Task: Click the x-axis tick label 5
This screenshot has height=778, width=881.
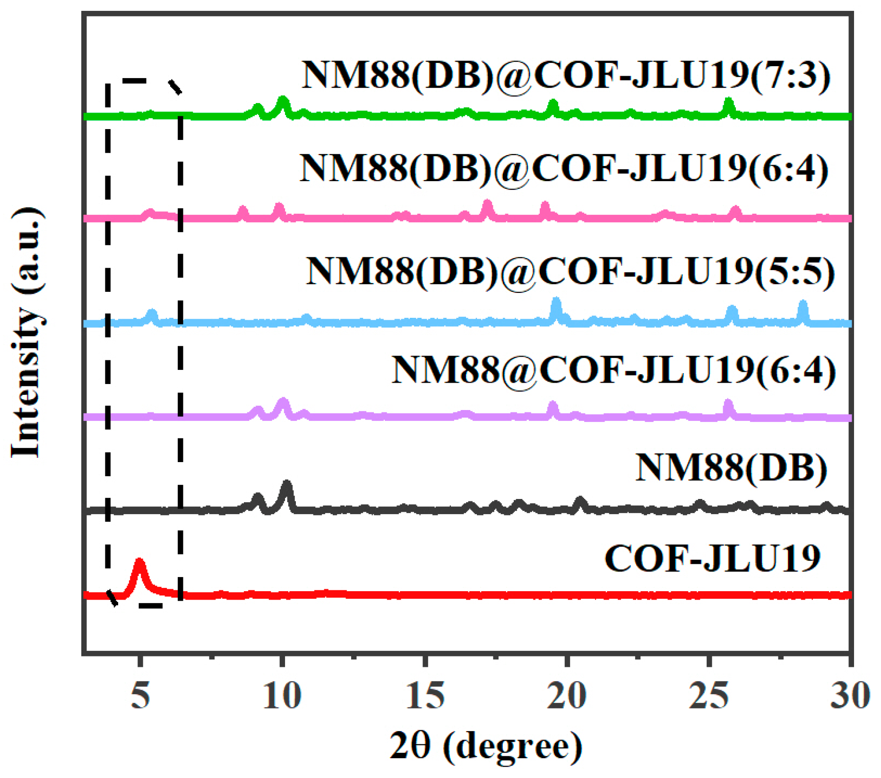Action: pos(140,695)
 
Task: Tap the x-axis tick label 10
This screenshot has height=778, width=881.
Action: pos(282,695)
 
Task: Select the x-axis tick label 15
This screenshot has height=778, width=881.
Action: pos(425,695)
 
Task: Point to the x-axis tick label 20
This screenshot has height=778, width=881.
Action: pos(567,695)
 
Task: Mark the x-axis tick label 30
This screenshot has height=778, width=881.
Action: pos(850,695)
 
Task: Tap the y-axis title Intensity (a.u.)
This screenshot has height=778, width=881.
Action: pos(27,332)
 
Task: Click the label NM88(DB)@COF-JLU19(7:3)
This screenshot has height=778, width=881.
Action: pos(566,76)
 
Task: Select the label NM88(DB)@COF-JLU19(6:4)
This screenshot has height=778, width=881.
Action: pos(564,169)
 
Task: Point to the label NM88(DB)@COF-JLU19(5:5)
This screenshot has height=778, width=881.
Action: pos(570,272)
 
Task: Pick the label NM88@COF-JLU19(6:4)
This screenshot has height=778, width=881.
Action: pos(613,370)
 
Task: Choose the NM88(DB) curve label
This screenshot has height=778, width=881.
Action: pos(731,467)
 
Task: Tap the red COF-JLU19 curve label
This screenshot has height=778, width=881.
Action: pos(712,559)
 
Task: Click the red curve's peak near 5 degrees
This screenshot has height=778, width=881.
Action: pos(139,562)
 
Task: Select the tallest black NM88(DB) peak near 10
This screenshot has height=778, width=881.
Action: pos(286,483)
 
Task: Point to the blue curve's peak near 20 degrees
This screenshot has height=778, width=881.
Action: pos(556,300)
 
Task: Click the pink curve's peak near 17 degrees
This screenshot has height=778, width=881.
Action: pos(487,203)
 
